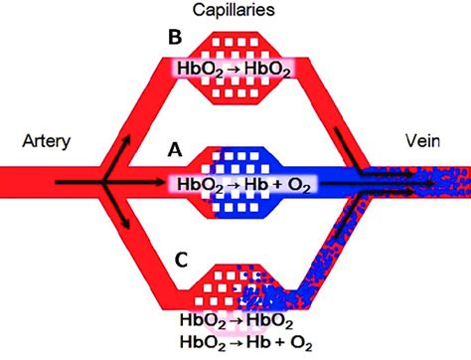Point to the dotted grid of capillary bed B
[235, 44]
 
